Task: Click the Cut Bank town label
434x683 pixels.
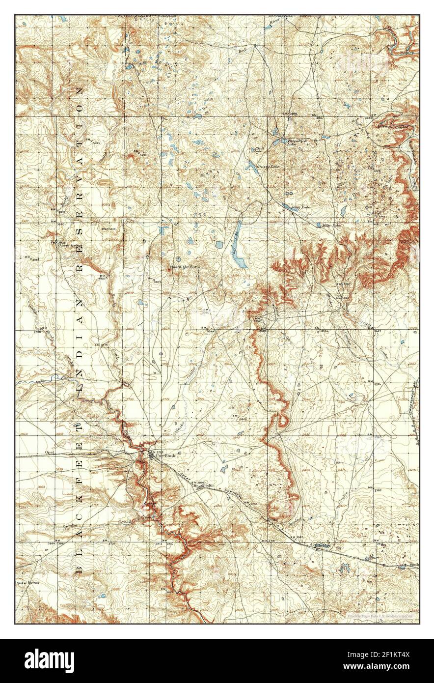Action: coord(165,455)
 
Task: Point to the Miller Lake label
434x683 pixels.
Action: coord(330,226)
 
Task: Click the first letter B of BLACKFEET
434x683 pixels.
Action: coord(79,569)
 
